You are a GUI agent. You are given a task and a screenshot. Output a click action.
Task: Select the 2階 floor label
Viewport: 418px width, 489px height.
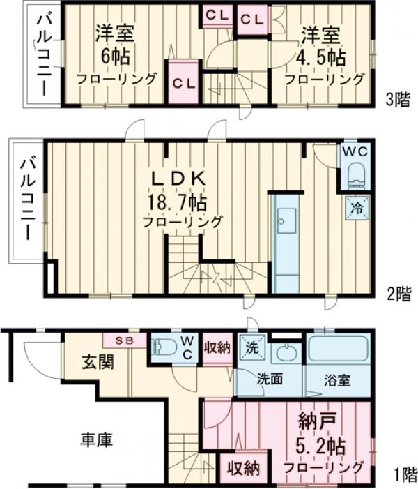(399, 294)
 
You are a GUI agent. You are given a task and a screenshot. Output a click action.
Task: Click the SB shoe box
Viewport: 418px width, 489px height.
(125, 340)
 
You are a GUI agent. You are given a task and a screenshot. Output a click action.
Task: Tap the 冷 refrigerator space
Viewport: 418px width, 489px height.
(356, 206)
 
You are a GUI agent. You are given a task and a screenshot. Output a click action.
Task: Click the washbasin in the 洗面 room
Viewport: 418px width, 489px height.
(286, 352)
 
